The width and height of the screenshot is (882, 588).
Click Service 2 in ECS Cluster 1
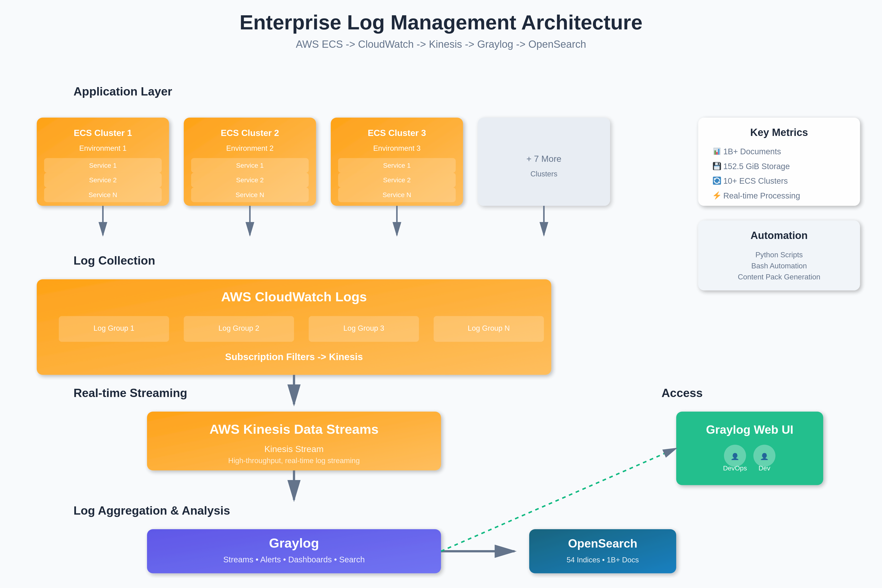(x=103, y=180)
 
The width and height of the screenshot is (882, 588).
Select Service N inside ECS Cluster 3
(x=397, y=195)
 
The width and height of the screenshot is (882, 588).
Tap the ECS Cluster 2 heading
(x=250, y=133)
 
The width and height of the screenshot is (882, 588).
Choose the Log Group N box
(x=488, y=328)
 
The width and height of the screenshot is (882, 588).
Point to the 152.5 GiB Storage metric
(x=756, y=166)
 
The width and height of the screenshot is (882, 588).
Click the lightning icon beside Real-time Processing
(x=716, y=195)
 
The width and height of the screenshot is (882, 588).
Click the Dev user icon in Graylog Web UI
(x=764, y=456)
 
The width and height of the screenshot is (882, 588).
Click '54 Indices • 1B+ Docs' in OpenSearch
(x=602, y=560)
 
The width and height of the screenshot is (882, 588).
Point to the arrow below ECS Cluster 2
(x=250, y=221)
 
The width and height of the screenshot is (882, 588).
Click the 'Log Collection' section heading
(x=114, y=261)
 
